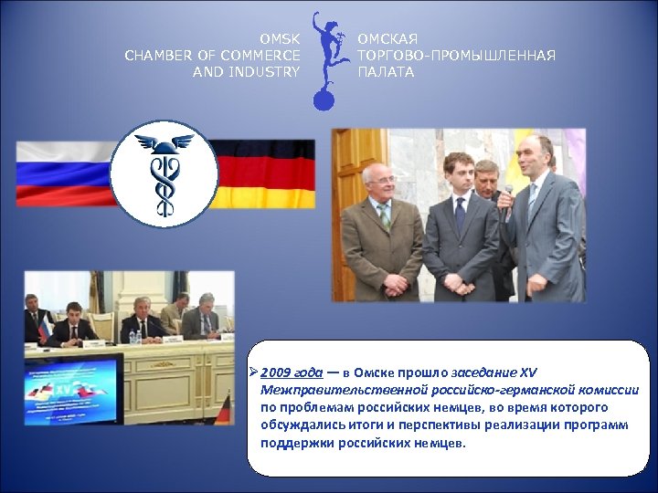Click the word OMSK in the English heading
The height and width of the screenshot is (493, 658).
[x=279, y=39]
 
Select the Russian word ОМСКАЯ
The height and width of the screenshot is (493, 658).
[x=387, y=39]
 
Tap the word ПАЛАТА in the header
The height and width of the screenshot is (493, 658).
[x=386, y=72]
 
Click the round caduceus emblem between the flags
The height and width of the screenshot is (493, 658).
[x=164, y=173]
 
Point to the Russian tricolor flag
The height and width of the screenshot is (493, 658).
[x=64, y=173]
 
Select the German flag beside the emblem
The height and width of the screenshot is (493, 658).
[x=265, y=173]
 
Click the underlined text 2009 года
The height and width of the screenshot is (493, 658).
[x=292, y=372]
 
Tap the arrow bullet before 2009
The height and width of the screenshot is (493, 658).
[x=254, y=372]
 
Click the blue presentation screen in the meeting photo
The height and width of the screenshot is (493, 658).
[x=73, y=388]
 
